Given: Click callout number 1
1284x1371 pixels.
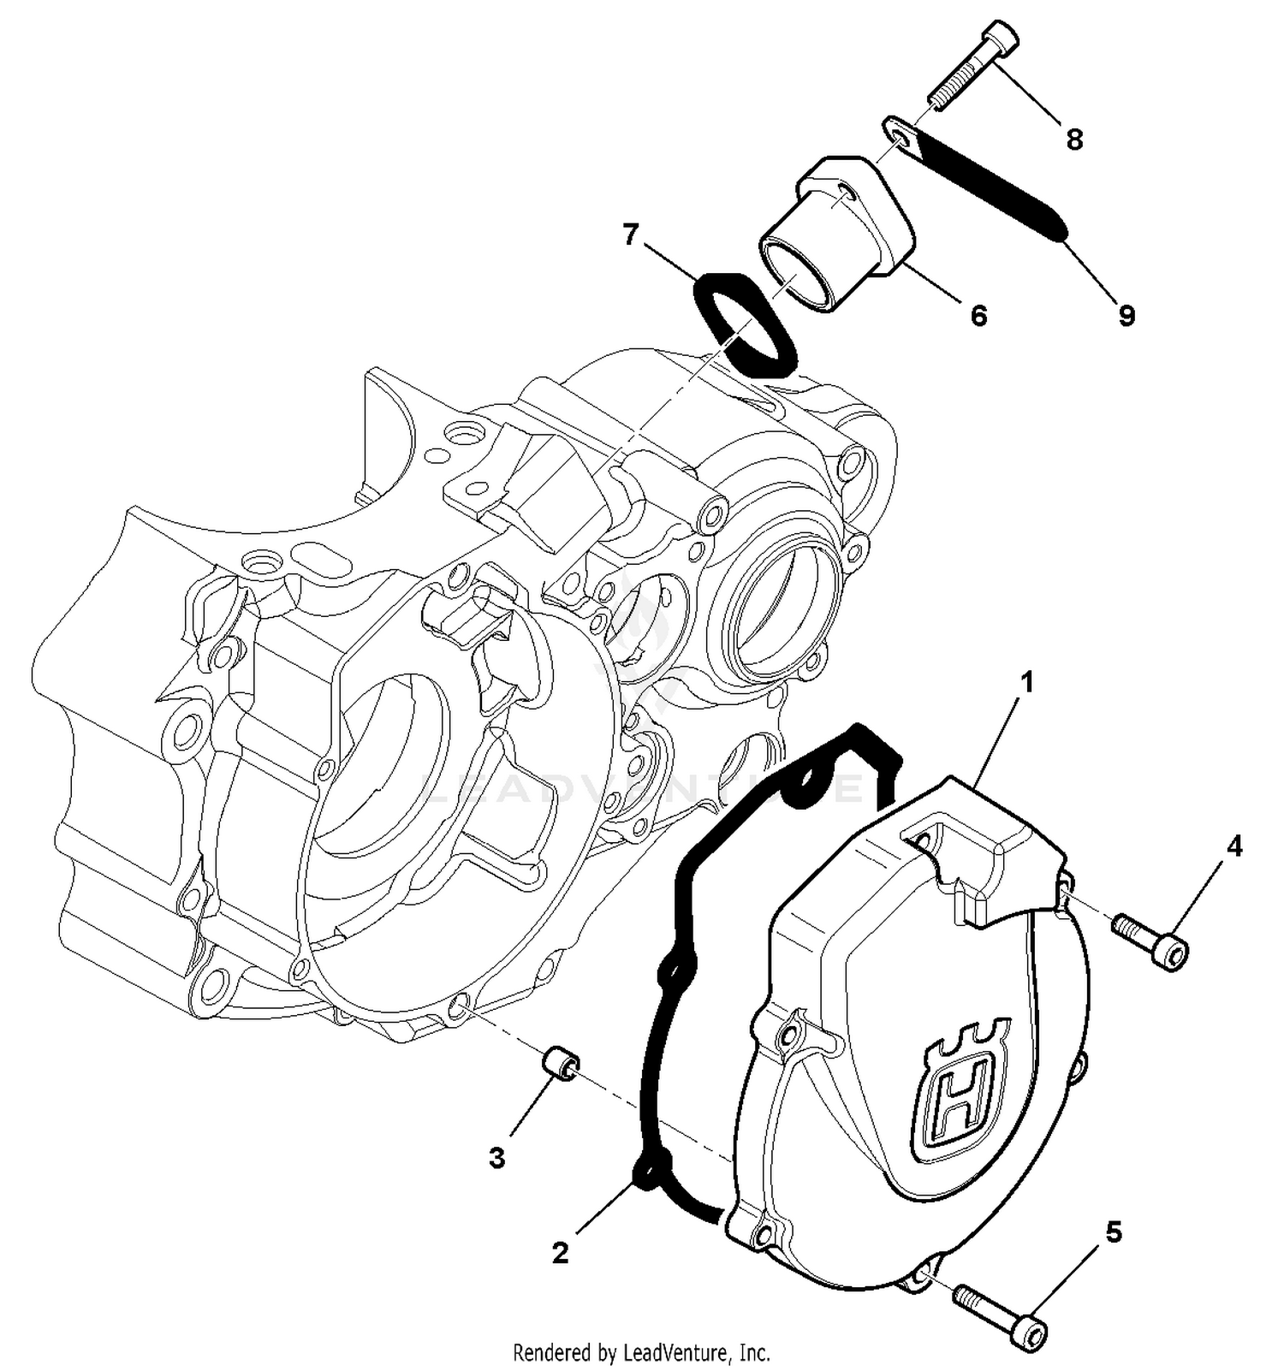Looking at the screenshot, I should tap(1027, 683).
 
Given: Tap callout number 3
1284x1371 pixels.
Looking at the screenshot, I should tap(496, 1159).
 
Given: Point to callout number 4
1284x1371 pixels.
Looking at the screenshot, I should tap(1233, 846).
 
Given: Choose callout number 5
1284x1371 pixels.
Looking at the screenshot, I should tap(1113, 1232).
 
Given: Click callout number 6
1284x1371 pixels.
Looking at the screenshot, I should tap(978, 316).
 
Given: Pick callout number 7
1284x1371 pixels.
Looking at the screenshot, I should tap(631, 234).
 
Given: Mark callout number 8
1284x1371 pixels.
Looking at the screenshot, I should tap(1074, 139).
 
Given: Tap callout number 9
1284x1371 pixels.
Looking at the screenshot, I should tap(1126, 316).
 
